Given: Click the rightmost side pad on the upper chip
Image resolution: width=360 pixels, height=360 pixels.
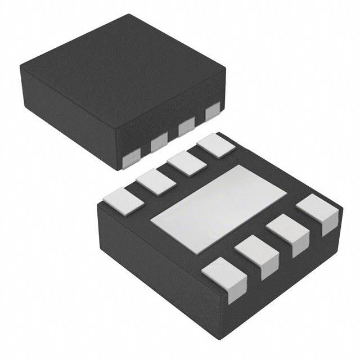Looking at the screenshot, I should (213, 112).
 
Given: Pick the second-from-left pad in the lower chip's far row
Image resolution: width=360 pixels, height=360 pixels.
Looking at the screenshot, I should (156, 182).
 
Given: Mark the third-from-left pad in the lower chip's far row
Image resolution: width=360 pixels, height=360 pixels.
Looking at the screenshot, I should (185, 163).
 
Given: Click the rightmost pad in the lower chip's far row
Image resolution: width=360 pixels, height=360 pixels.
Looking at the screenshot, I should (216, 145).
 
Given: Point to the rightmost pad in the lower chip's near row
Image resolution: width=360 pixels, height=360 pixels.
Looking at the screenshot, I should (318, 213).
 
